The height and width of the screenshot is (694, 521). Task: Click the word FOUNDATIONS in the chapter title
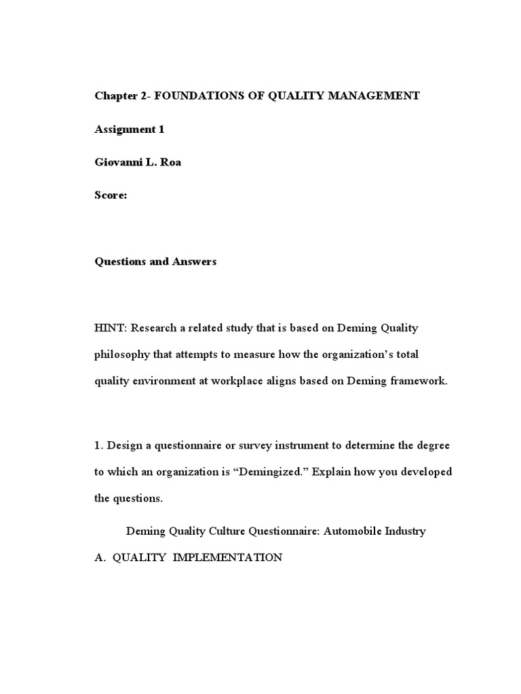tap(195, 96)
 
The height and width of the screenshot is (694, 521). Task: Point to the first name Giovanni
tap(118, 163)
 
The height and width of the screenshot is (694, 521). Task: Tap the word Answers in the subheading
tap(194, 262)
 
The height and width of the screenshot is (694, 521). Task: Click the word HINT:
tap(111, 328)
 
